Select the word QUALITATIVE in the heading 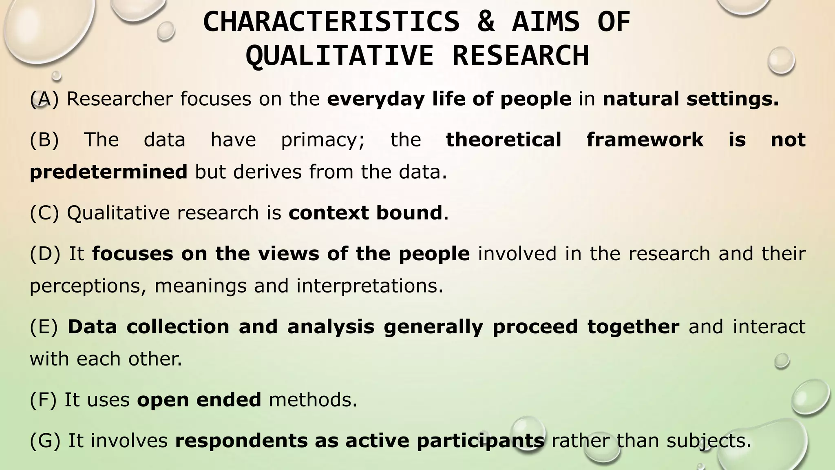(x=339, y=56)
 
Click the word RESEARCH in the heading (x=521, y=56)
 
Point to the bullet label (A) (x=44, y=99)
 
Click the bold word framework (x=645, y=140)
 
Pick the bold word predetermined (x=108, y=172)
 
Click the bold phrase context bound (x=365, y=213)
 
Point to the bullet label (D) (x=45, y=254)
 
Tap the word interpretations (x=369, y=286)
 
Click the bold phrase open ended (x=199, y=400)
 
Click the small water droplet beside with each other (x=782, y=361)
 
